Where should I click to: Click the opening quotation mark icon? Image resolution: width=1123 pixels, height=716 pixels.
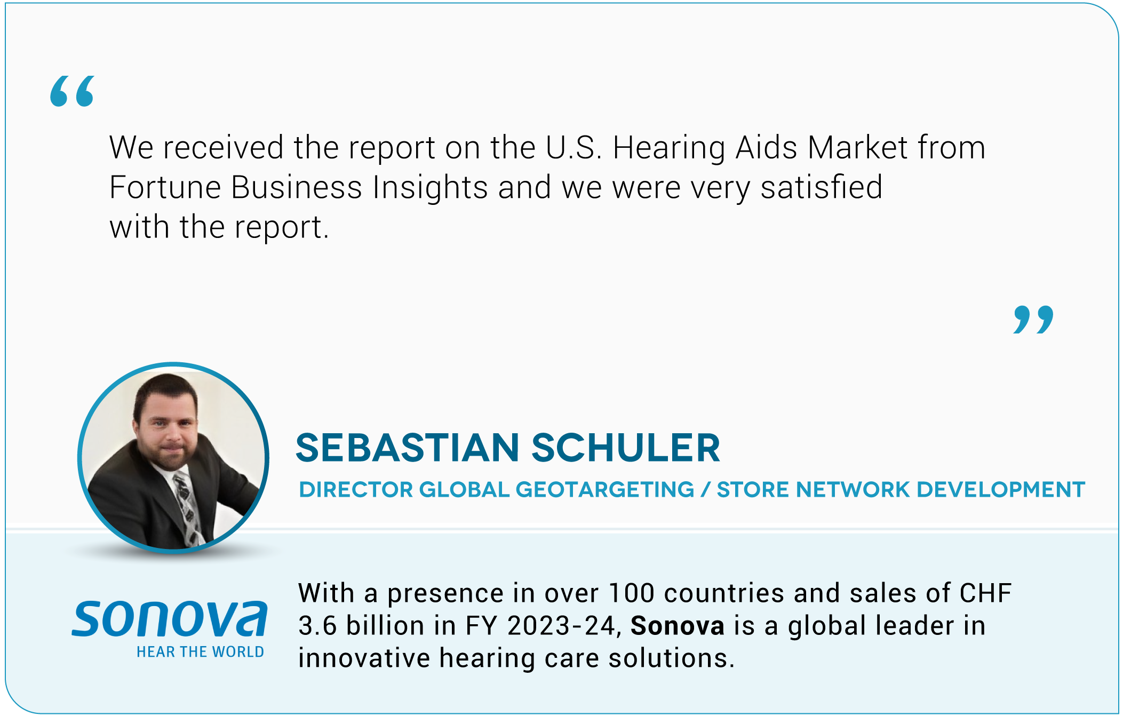(72, 91)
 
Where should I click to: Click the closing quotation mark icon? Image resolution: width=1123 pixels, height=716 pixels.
(1033, 320)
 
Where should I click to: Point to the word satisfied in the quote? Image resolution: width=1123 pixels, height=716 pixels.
(822, 187)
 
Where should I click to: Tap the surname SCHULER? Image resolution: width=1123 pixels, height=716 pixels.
(626, 448)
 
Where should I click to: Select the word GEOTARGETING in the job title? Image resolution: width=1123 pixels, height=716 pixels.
(605, 489)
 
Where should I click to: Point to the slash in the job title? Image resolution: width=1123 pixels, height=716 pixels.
(706, 489)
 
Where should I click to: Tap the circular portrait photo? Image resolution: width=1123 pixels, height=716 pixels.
(173, 458)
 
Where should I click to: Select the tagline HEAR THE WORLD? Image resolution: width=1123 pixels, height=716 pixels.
(200, 652)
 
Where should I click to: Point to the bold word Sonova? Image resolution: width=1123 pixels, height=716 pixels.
(678, 626)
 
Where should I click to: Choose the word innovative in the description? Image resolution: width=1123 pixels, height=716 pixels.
(364, 658)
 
